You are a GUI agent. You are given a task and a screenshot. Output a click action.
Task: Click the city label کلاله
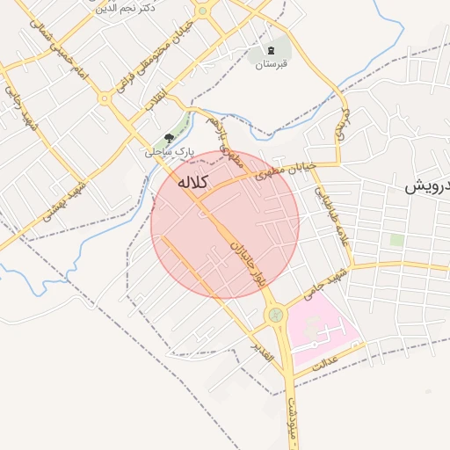192,183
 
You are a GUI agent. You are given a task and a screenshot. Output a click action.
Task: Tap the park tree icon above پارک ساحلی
169,138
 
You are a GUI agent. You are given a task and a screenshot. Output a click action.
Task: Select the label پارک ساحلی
169,152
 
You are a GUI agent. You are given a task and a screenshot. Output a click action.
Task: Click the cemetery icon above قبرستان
272,49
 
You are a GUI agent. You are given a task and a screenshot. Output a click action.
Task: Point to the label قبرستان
272,63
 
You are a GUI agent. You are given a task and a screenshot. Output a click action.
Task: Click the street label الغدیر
263,352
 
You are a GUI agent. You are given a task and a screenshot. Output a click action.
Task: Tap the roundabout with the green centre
276,313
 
